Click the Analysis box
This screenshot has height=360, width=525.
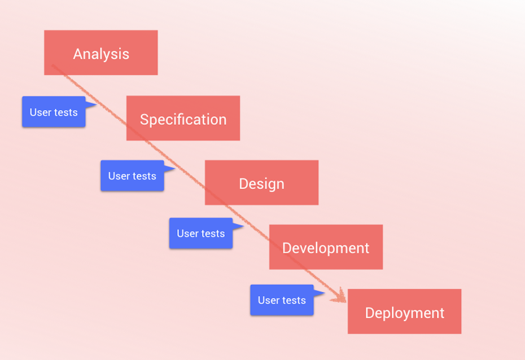pos(100,52)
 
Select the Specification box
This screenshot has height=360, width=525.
pos(183,118)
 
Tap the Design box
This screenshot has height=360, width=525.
pos(261,182)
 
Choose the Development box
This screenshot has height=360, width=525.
pos(326,247)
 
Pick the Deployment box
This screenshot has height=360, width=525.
pos(404,311)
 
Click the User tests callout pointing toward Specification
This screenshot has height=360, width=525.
pos(54,112)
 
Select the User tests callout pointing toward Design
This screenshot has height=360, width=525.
pos(132,175)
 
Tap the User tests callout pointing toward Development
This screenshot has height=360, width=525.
pos(201,233)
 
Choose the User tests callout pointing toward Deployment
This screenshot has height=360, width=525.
pos(282,300)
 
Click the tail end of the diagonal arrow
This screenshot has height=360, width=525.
pos(53,65)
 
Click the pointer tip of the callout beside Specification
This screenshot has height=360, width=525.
pos(97,104)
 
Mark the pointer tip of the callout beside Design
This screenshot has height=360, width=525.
pos(175,168)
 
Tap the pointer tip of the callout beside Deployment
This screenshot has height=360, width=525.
pos(325,292)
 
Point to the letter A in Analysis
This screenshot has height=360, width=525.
pos(78,54)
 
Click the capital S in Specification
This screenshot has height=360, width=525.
pos(145,120)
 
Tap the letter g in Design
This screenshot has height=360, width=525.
pos(270,185)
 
